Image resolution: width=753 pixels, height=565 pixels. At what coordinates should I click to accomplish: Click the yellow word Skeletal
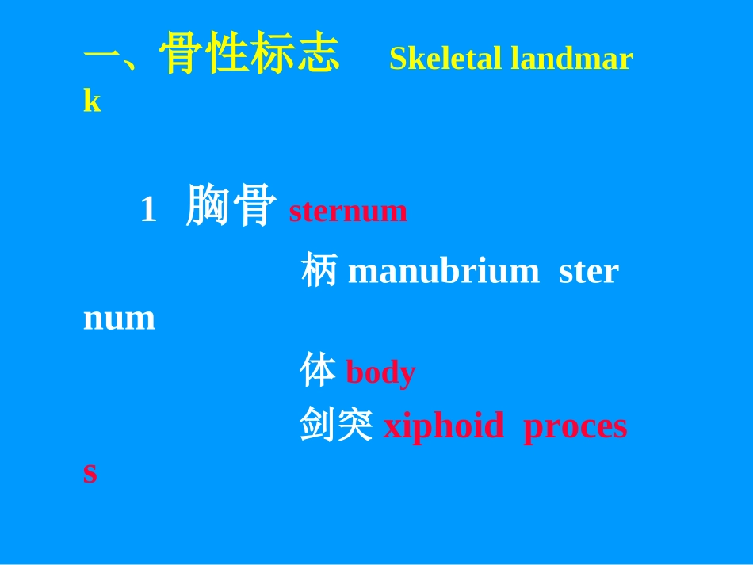tap(445, 59)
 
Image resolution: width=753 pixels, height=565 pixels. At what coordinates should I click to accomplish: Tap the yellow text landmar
tap(571, 59)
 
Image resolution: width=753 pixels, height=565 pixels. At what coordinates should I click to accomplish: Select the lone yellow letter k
tap(92, 101)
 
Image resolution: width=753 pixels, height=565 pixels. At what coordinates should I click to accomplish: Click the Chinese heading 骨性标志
tap(249, 53)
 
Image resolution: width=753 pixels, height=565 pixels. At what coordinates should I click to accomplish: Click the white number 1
tap(148, 209)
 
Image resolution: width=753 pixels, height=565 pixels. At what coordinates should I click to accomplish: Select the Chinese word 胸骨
tap(231, 205)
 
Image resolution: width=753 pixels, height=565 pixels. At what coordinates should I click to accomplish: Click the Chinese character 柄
tap(319, 269)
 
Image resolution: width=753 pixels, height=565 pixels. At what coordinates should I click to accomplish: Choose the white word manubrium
tap(444, 270)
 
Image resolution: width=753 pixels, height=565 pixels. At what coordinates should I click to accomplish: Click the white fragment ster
tap(589, 272)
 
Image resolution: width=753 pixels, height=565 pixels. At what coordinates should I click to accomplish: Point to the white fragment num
tap(119, 319)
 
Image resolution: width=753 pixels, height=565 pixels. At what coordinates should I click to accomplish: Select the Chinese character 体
tap(317, 369)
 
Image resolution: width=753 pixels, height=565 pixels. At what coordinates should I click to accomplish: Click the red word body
tap(380, 372)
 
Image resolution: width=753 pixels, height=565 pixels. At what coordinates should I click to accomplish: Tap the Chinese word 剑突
tap(336, 424)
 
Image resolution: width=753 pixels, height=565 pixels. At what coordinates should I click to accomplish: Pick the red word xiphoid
tap(444, 426)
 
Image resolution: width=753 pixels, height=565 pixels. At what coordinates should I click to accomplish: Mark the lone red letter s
tap(90, 473)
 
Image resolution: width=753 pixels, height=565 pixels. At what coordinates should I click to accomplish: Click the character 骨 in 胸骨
tap(255, 205)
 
